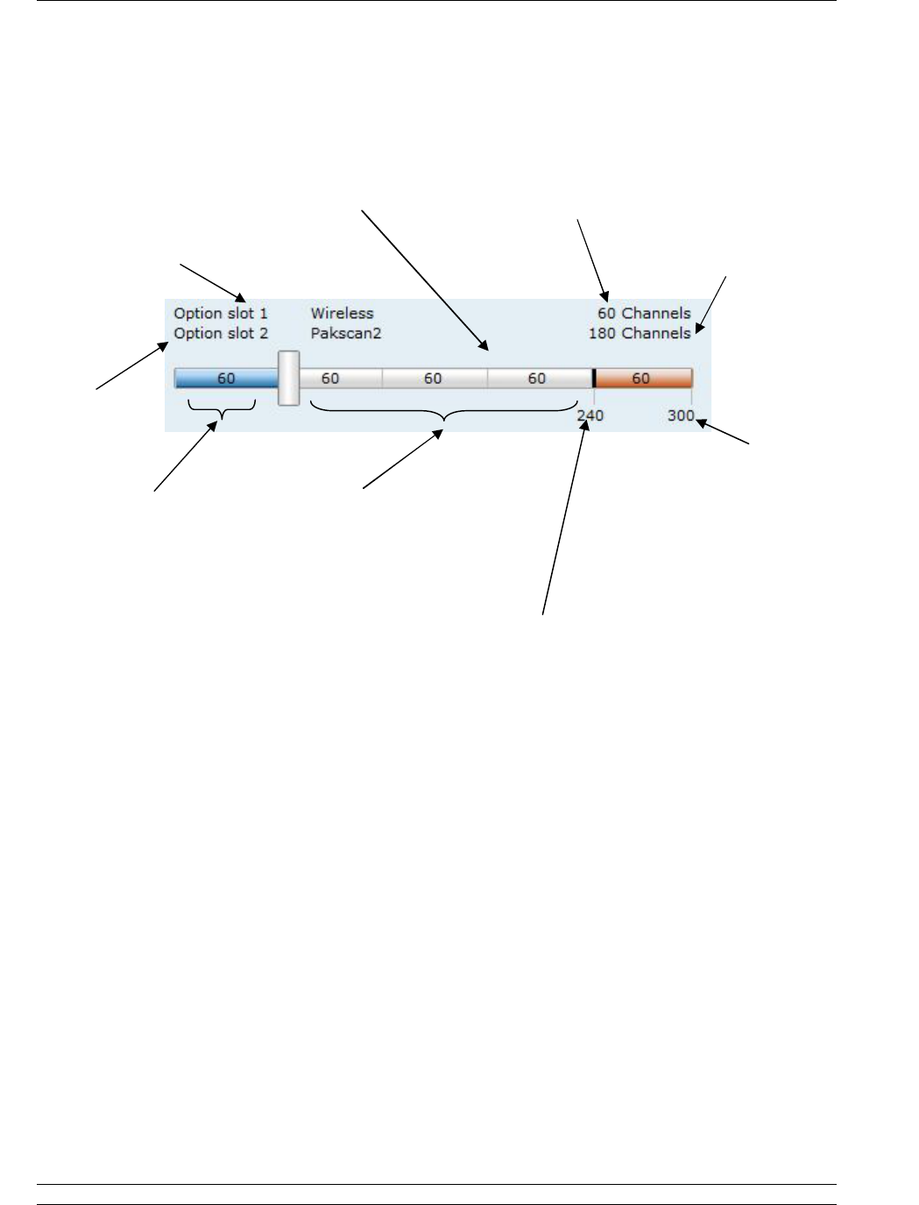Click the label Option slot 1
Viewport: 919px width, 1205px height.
coord(221,314)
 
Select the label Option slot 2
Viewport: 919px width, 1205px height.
coord(221,334)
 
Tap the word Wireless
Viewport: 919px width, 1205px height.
coord(342,314)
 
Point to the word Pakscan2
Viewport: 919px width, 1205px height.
coord(346,334)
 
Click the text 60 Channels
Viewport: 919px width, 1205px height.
coord(644,314)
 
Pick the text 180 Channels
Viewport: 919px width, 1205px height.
coord(639,334)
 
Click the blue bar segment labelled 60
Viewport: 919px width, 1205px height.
coord(226,379)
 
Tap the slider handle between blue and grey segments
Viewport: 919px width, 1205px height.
coord(288,379)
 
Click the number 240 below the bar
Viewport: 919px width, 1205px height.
coord(590,415)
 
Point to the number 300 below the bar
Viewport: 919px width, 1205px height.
coord(680,415)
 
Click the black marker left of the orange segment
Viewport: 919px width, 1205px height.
coord(594,379)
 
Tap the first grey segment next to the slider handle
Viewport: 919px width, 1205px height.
coord(340,379)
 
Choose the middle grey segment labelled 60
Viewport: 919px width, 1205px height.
coord(434,379)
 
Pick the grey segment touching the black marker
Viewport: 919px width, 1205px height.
coord(538,379)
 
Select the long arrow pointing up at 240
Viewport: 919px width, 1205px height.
coord(564,517)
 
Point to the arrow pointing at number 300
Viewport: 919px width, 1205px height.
coord(724,434)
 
